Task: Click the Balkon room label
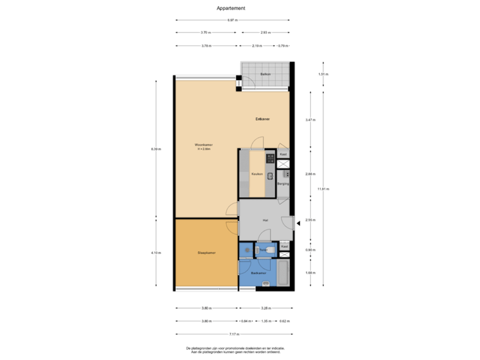point(265,74)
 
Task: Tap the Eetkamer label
point(262,119)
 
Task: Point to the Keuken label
point(256,174)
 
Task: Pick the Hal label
point(265,219)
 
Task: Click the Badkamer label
point(259,273)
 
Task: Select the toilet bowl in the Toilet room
point(247,250)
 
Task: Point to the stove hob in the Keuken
point(271,159)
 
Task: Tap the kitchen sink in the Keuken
point(270,177)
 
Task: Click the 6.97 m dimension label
point(232,21)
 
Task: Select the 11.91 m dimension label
point(323,189)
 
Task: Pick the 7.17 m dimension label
point(233,333)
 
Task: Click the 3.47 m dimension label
point(309,120)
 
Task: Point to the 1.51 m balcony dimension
point(321,74)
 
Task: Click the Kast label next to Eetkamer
point(283,154)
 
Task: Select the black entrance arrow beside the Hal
point(297,225)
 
